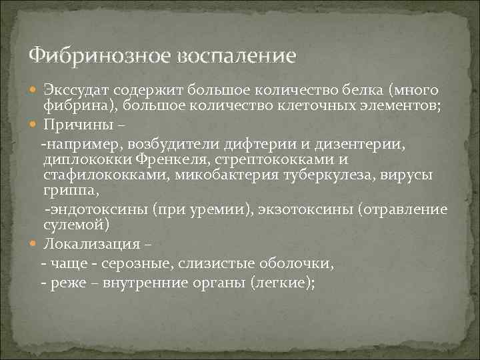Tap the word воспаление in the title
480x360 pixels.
tap(235, 55)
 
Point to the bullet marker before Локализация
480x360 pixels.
tap(35, 243)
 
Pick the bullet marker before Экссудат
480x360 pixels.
tap(35, 90)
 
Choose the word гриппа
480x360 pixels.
tap(71, 191)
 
